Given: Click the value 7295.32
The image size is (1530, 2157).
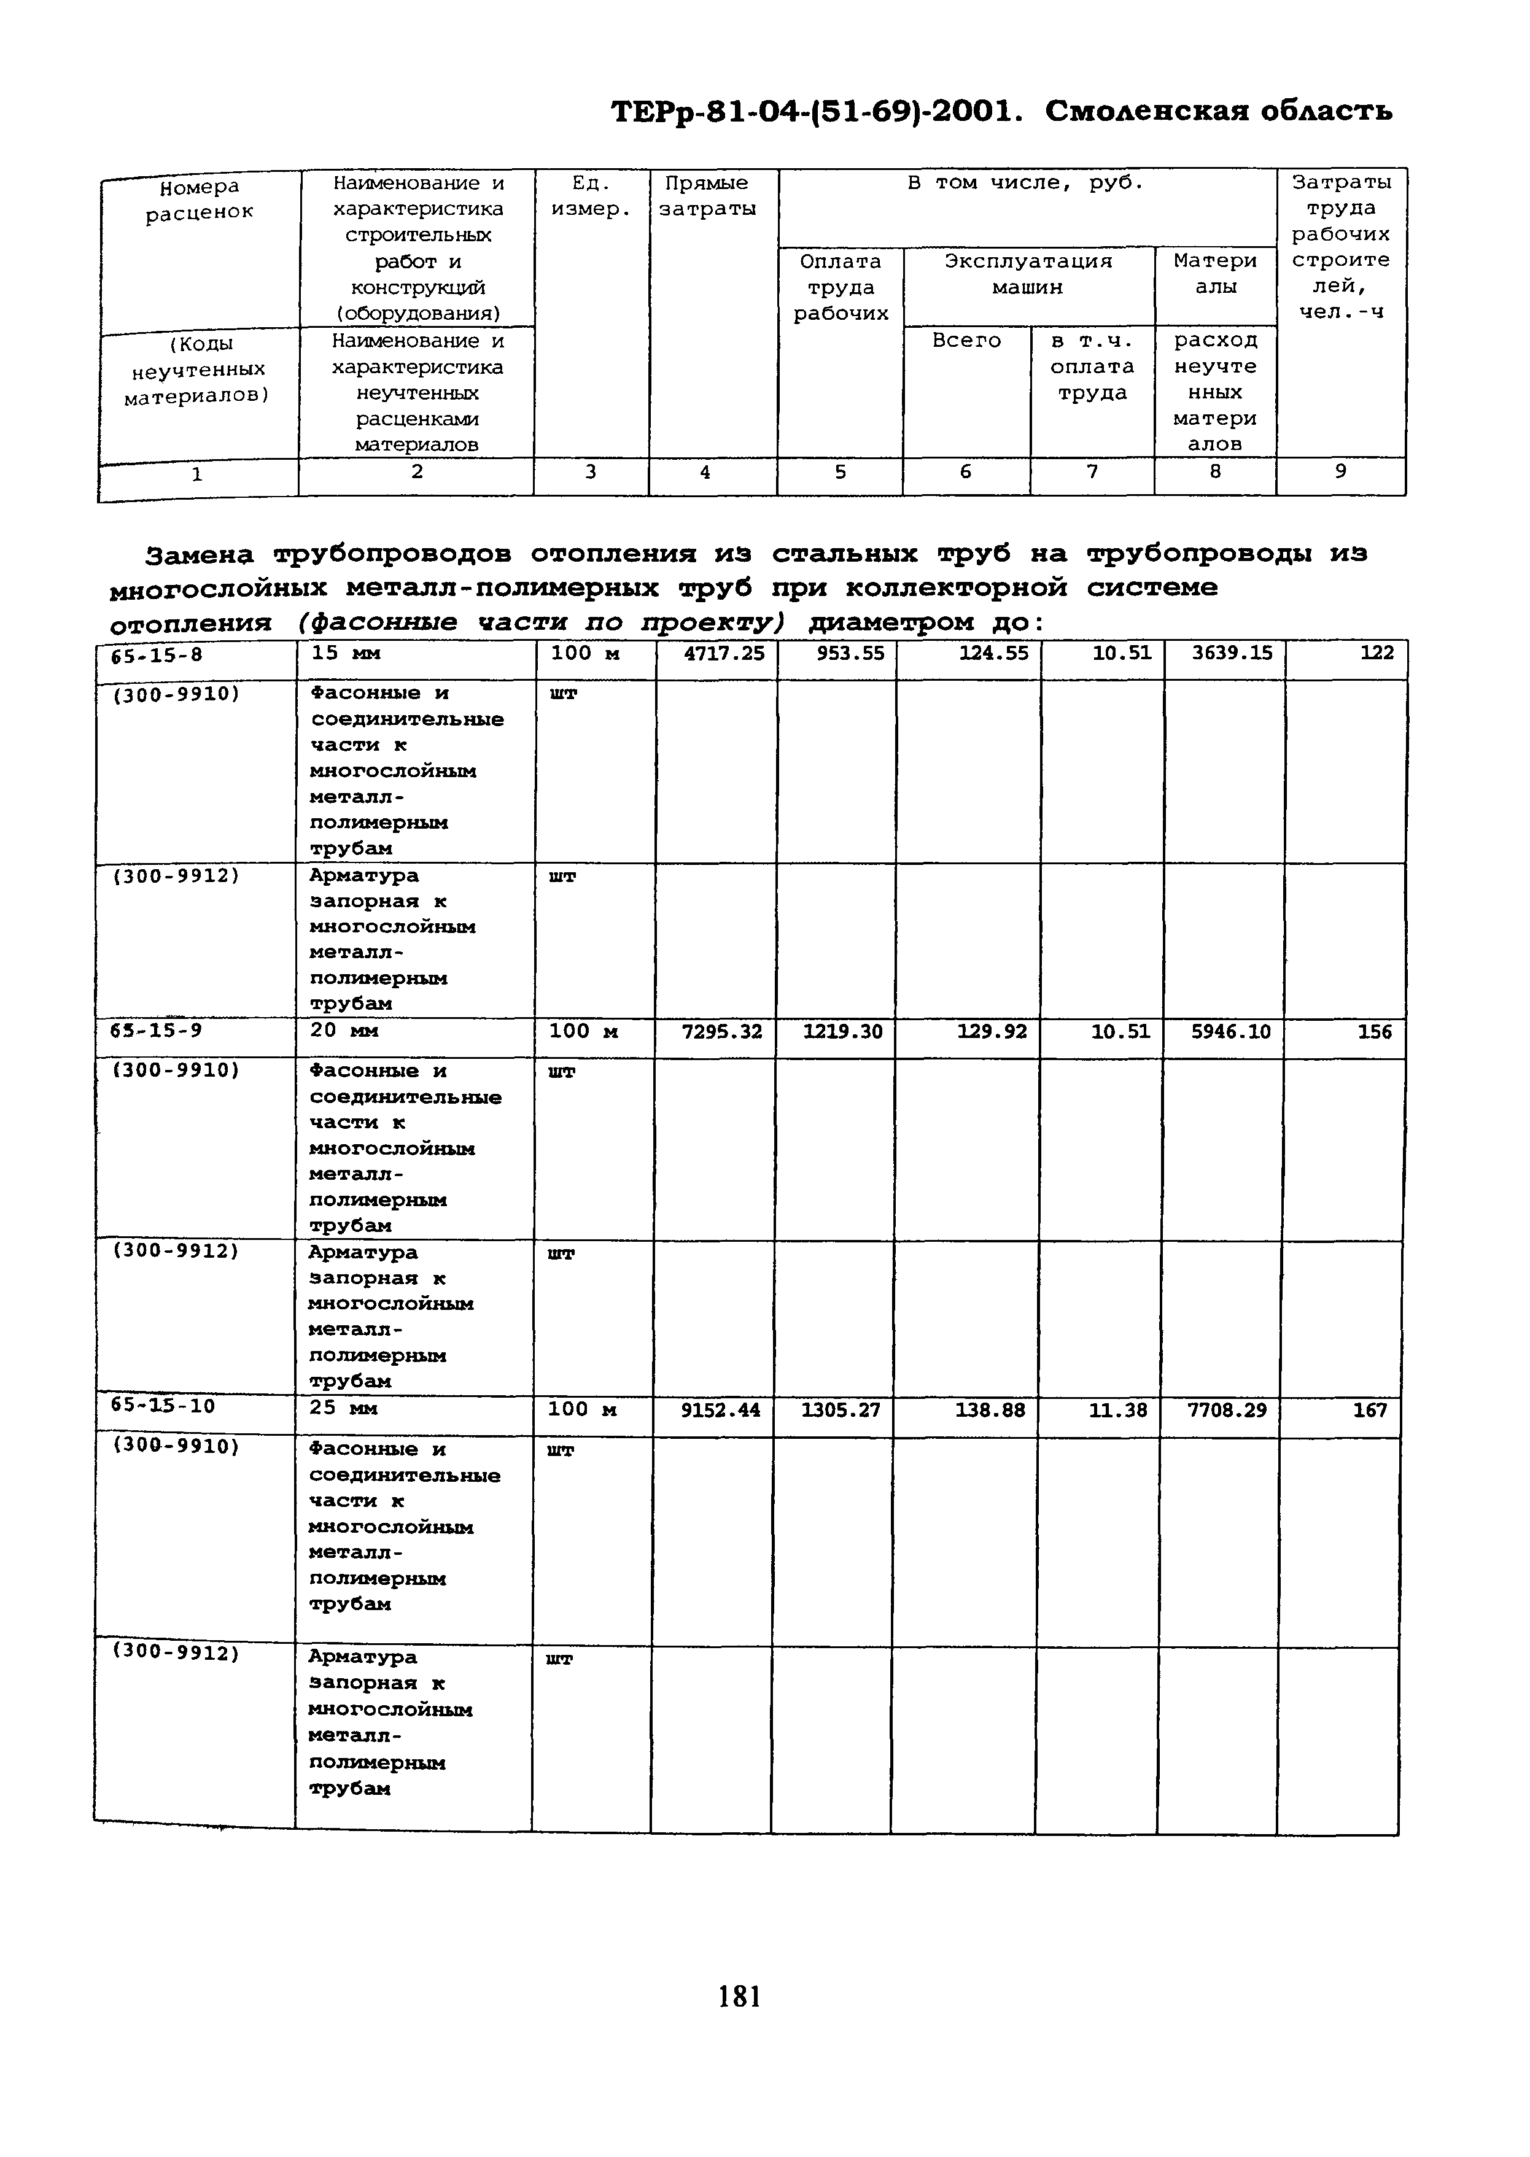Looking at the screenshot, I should tap(721, 1032).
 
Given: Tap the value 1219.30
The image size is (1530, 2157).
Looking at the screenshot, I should tap(842, 1032).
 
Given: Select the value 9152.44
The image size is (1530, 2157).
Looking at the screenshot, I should tap(720, 1410).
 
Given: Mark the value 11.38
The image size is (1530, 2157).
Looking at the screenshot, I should tap(1118, 1410).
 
